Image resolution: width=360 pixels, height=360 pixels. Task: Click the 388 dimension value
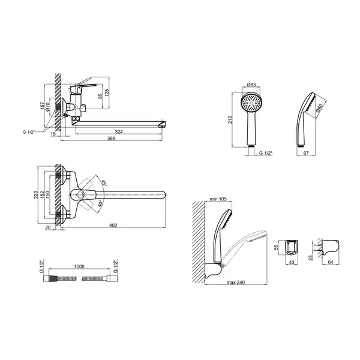coord(111,139)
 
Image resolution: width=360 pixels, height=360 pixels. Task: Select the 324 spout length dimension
coord(119,132)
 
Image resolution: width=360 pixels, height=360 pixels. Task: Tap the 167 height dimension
coord(42,106)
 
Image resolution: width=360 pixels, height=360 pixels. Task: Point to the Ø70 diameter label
coord(47,107)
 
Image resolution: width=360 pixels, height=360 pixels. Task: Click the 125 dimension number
coord(107,93)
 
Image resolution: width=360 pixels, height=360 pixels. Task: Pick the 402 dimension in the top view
coord(113,226)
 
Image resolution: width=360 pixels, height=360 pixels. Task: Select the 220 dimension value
coord(36,194)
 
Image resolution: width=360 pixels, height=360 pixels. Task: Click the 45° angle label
coord(104,182)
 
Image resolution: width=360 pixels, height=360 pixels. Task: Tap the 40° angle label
coord(100,203)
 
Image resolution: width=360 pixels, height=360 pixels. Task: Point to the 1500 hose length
coord(79,266)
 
